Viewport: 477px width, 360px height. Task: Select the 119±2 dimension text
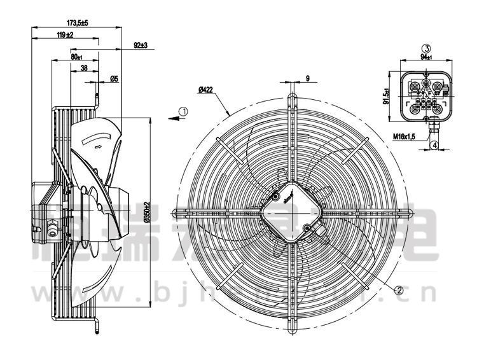point(65,34)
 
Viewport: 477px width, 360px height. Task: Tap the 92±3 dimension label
point(141,45)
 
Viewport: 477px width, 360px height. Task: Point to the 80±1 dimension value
point(76,57)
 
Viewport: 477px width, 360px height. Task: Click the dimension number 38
point(85,69)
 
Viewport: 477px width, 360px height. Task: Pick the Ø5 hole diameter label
point(114,79)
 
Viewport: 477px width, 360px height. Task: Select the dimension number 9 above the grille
point(307,78)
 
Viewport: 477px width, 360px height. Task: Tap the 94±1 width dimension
point(427,57)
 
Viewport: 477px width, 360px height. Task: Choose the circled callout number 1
point(183,112)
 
